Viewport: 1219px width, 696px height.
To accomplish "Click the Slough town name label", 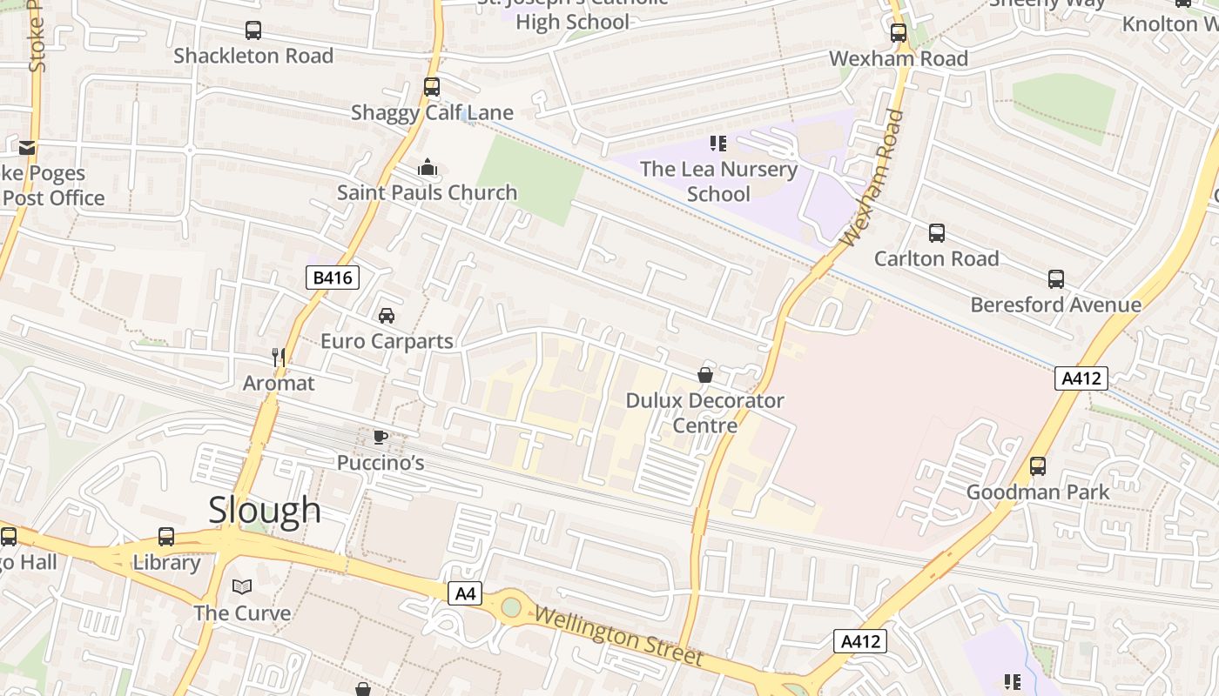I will [x=265, y=510].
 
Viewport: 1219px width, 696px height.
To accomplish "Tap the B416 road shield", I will [x=333, y=278].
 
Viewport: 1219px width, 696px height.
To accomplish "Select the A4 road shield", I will [x=466, y=593].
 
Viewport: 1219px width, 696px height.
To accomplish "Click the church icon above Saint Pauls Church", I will [x=428, y=167].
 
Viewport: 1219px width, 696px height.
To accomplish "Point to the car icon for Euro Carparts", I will [x=386, y=315].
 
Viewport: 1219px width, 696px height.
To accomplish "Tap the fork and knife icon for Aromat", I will [x=279, y=357].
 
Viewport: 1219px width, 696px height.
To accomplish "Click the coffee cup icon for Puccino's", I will [x=381, y=437].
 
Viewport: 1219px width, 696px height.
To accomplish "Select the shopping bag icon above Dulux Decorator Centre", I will [x=705, y=375].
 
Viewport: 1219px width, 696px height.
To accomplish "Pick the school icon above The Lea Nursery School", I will [x=717, y=143].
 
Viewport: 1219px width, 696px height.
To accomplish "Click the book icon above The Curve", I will [x=242, y=586].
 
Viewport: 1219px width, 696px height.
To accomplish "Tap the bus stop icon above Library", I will [x=166, y=536].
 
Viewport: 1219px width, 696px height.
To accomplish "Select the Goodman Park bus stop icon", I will [x=1038, y=465].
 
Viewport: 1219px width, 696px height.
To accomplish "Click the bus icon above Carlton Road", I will [x=937, y=233].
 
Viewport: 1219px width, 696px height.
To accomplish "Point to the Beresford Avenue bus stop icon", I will [x=1055, y=279].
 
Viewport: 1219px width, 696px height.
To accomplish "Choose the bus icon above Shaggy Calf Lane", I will [x=432, y=87].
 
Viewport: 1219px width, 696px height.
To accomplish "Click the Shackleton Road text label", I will [x=253, y=56].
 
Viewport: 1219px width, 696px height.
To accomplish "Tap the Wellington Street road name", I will [x=618, y=637].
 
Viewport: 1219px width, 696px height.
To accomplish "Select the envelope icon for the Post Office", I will [x=27, y=147].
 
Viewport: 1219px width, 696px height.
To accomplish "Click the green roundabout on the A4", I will [x=511, y=606].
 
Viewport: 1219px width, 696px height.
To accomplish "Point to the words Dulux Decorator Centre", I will [x=705, y=413].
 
